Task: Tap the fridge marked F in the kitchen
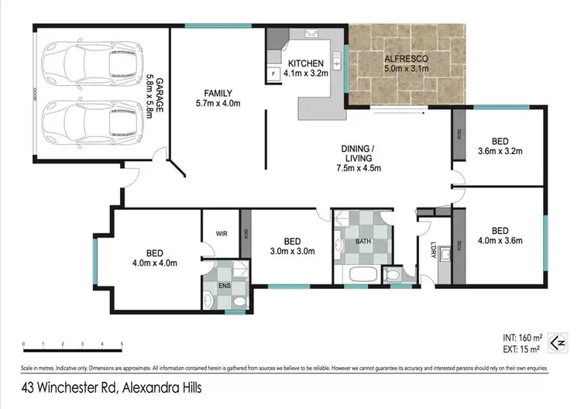[274, 75]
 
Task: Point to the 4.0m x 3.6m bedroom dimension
[500, 241]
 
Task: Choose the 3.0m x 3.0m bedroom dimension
[291, 252]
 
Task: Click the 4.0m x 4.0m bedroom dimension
[156, 263]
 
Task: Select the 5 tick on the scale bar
[122, 344]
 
